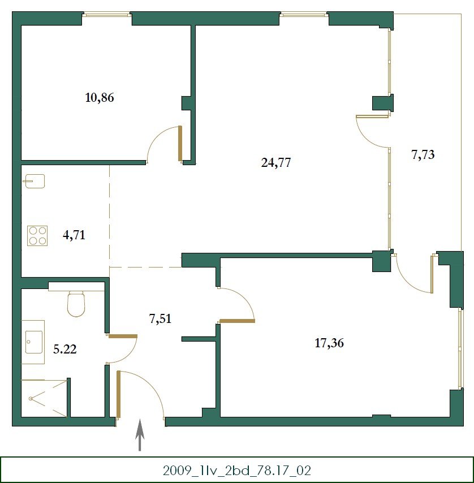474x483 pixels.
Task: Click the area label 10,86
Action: click(x=100, y=98)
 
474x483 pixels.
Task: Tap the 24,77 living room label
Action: click(x=276, y=162)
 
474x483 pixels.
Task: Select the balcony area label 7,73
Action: click(x=423, y=154)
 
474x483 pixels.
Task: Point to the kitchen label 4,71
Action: click(x=74, y=235)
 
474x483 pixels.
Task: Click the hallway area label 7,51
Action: click(x=160, y=318)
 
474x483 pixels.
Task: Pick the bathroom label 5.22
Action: click(x=64, y=350)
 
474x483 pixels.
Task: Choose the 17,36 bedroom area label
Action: click(x=329, y=343)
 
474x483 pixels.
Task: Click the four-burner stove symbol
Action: click(x=37, y=236)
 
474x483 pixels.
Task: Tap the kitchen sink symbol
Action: click(x=34, y=181)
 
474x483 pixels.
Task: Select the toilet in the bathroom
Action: click(x=76, y=304)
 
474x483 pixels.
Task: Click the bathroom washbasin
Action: click(x=33, y=342)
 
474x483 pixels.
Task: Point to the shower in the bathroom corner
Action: click(x=44, y=398)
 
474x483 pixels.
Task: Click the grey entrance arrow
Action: click(x=140, y=434)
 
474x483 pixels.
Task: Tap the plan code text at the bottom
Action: click(x=237, y=471)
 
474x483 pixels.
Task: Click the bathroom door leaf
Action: click(x=123, y=337)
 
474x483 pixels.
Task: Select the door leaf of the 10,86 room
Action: click(x=180, y=144)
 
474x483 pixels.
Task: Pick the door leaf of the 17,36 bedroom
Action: click(x=237, y=321)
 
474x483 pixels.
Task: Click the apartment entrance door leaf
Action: click(x=118, y=395)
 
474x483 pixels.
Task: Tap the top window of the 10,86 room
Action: click(x=107, y=14)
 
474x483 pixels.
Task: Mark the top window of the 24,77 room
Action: click(x=304, y=14)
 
